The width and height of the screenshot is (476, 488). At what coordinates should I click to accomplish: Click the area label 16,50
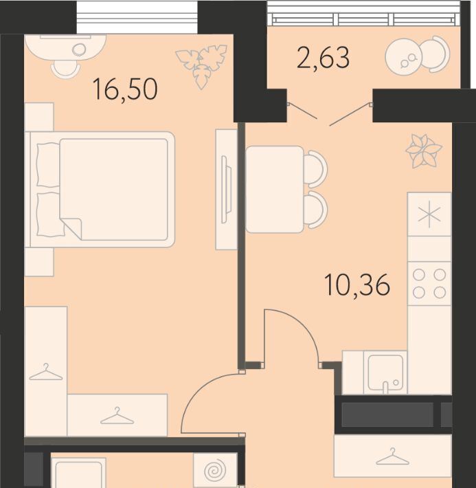pos(126,89)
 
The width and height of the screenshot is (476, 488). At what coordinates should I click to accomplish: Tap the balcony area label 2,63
pos(324,57)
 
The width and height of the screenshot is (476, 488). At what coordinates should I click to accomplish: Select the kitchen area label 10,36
pos(357,285)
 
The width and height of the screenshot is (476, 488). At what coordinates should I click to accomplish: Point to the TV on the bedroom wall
pos(226,189)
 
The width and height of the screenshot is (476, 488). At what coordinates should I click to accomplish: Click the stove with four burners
pos(429,284)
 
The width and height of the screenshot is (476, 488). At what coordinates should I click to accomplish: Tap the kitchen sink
pos(385,373)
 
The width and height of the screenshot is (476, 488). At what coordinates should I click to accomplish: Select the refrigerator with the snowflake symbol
pos(429,214)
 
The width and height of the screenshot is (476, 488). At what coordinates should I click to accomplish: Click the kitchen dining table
pos(275,189)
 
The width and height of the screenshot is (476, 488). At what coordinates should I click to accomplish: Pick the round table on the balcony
pos(404,56)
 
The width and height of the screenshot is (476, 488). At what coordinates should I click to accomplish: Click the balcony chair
pos(436,55)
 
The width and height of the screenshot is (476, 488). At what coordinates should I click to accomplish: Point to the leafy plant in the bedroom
pos(201,66)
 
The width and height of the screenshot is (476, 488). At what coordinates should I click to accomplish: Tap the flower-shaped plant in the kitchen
pos(424,151)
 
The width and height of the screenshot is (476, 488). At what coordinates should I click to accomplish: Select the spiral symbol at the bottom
pos(214,472)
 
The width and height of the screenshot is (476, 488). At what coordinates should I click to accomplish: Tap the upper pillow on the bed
pos(48,165)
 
